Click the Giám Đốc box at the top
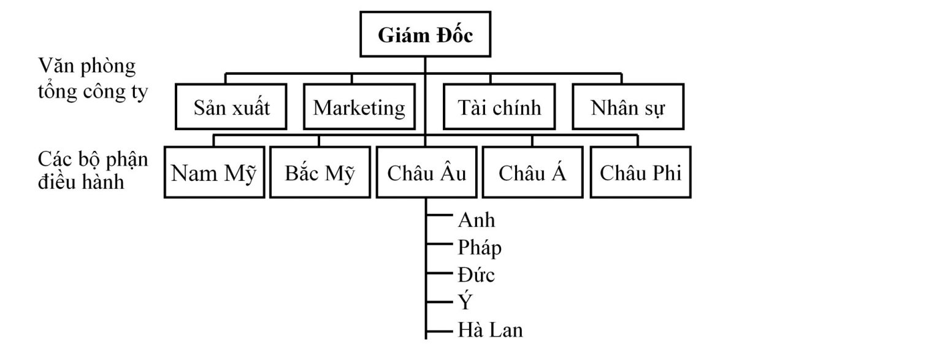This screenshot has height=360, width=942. point(425,36)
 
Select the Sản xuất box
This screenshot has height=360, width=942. point(231,108)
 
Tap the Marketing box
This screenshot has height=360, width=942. point(359,108)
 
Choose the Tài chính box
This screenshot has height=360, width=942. point(499,108)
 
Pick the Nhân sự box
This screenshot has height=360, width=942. point(627,108)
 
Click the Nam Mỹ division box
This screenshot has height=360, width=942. point(212,173)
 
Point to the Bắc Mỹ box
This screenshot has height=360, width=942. point(320,173)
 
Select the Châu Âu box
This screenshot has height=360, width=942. point(426,173)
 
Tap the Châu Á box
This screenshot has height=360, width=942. point(532,173)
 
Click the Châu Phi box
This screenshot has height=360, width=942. point(640,173)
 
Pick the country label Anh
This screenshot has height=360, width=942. point(476,220)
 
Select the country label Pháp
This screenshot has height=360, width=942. point(480,248)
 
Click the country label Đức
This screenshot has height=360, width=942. point(476,275)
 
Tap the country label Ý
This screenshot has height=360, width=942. point(464,302)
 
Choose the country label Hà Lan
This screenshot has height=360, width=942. point(490,330)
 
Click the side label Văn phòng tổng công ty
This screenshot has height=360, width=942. point(92,79)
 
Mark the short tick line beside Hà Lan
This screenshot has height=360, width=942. point(438,331)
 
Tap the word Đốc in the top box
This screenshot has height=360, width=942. point(451,36)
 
